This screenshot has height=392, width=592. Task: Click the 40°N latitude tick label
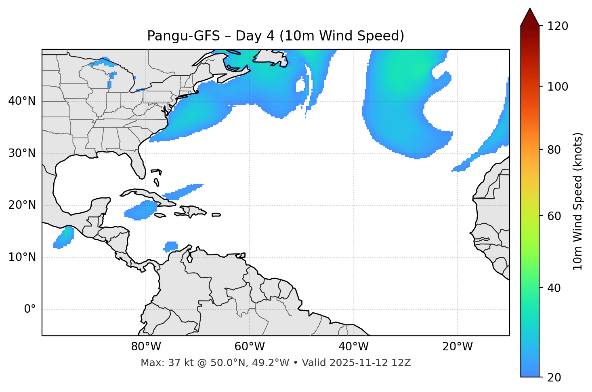pos(22,101)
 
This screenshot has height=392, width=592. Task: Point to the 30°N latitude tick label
pos(22,153)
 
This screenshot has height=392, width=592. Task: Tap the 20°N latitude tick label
pos(22,205)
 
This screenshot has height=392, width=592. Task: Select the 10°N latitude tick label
pos(22,257)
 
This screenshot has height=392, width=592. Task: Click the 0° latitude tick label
pos(30,309)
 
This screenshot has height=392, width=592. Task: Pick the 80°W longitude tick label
pos(146,347)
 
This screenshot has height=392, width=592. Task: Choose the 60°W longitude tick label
pos(250,347)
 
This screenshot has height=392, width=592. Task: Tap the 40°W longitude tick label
pos(353,347)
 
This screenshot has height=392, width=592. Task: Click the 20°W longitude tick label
pos(458,347)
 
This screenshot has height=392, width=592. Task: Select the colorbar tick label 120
pos(558,26)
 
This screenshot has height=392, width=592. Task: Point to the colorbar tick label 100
pos(558,87)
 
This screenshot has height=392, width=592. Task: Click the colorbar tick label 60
pos(555,216)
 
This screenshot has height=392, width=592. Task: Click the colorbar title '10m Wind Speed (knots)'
pos(578,201)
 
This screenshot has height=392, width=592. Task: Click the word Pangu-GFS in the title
pos(183,36)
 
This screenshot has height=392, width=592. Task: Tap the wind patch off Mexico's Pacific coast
pos(64,237)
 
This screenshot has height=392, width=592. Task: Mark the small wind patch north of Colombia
pos(171,246)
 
